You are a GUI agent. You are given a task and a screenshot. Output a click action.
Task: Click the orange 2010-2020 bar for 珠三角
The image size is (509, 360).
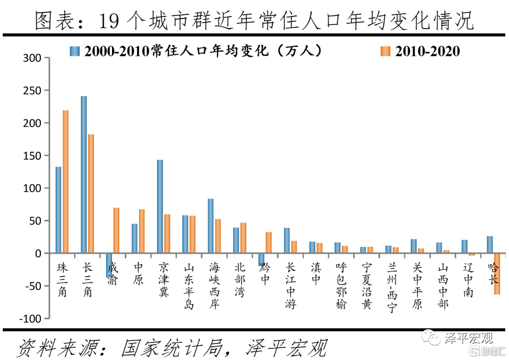[66, 182]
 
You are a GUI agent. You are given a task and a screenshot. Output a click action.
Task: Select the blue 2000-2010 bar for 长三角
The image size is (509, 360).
[84, 175]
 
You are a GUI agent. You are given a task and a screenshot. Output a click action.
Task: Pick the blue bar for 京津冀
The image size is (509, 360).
[160, 207]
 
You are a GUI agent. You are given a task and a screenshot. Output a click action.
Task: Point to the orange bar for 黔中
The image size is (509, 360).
[269, 243]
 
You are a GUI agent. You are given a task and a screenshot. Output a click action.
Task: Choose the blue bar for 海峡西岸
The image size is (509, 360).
[211, 226]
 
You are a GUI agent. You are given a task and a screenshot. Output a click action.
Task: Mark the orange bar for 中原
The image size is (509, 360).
[142, 232]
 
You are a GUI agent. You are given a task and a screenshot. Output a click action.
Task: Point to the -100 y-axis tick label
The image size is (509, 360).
[30, 319]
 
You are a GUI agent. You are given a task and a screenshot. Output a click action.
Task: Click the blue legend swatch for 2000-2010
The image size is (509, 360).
[75, 51]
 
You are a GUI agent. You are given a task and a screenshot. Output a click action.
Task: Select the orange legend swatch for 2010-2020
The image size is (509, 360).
[385, 51]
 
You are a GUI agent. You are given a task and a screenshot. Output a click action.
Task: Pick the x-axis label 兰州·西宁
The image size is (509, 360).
[392, 287]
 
